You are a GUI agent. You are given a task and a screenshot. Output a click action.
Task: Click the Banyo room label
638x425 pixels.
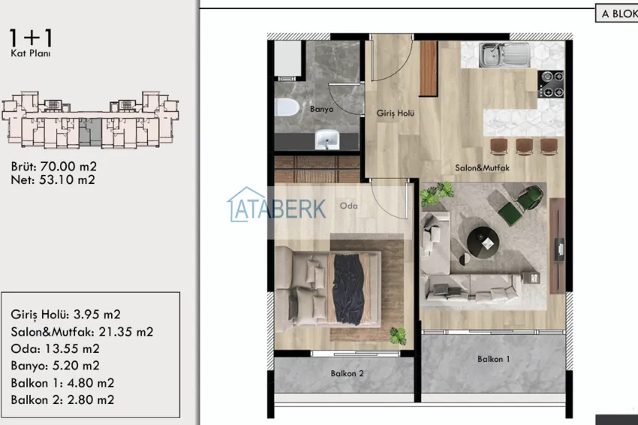point(321,109)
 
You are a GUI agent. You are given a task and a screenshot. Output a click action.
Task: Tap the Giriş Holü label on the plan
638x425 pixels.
point(395,113)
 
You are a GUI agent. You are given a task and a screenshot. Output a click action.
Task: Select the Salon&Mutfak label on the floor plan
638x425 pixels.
point(482,167)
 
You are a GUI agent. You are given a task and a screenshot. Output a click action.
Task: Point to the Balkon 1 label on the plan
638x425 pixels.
point(494,359)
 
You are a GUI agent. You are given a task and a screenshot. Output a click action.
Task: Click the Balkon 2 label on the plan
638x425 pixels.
point(347,373)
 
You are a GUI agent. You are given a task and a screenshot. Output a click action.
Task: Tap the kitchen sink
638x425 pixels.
point(504,55)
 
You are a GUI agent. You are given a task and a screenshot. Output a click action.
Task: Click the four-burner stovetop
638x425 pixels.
point(551,84)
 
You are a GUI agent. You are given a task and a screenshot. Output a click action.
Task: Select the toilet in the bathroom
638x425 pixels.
point(287,108)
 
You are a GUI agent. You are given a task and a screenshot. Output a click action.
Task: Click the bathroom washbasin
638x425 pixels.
point(327,139)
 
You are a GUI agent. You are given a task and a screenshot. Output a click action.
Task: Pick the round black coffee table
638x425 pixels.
point(483,243)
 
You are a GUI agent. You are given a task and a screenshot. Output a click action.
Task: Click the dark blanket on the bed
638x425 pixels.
point(348,289)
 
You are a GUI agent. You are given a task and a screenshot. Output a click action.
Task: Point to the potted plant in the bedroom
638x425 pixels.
point(398,336)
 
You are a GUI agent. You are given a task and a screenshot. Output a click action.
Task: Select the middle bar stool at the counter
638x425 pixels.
point(524,146)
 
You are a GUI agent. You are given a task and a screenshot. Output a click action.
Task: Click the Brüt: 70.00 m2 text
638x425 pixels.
point(54,167)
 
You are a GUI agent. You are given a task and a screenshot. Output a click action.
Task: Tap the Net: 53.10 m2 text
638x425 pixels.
point(53,179)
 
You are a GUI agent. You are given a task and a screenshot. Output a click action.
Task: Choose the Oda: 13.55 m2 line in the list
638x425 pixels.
point(55,348)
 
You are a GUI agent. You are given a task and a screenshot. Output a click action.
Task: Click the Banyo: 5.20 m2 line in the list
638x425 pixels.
point(55,366)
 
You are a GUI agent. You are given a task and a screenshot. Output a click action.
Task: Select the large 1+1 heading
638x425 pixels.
point(31,38)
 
